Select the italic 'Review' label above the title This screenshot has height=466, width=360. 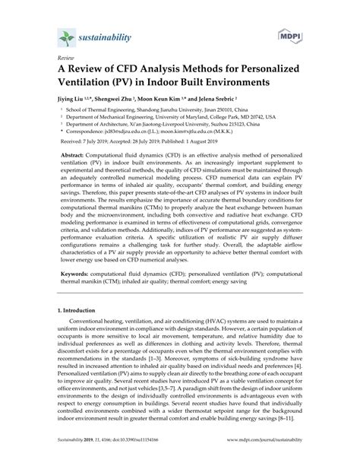click(x=55, y=57)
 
